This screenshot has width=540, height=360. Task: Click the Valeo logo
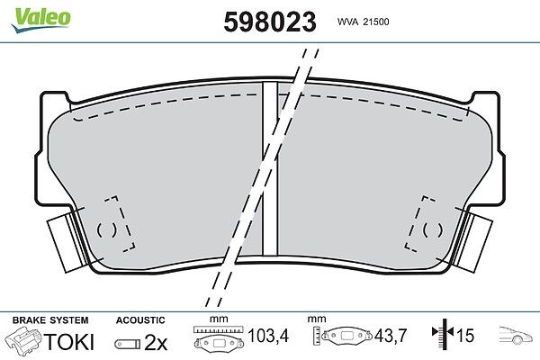(41, 20)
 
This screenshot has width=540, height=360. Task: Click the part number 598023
(270, 22)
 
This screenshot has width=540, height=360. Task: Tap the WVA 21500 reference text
(363, 22)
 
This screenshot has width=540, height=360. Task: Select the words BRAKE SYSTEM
(50, 320)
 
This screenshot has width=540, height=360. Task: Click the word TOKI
(68, 341)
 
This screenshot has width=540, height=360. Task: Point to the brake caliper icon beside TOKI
(23, 339)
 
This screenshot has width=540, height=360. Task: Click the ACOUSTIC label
(140, 320)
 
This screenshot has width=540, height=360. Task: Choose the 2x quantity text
(156, 342)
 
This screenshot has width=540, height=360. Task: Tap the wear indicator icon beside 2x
(128, 344)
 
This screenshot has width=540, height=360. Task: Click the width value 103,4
(268, 335)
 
